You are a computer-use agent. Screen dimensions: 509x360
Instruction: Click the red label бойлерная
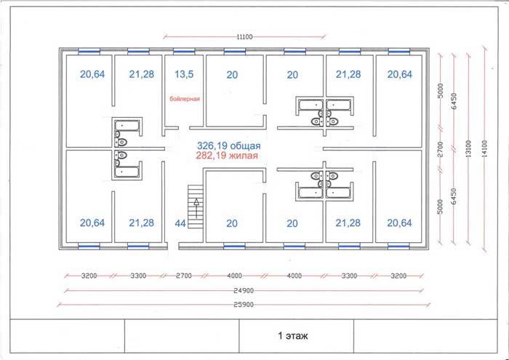[x=185, y=99]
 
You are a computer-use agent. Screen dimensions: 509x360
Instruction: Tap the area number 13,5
[x=184, y=74]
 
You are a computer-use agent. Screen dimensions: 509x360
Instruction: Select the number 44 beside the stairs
[x=180, y=223]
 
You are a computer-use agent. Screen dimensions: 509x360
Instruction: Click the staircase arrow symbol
[x=196, y=208]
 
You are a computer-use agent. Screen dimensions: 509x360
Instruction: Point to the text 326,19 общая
[x=229, y=145]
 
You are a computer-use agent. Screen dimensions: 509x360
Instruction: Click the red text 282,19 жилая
[x=227, y=156]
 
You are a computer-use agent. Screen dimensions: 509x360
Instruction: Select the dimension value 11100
[x=244, y=37]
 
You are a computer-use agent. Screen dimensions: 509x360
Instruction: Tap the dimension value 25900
[x=244, y=305]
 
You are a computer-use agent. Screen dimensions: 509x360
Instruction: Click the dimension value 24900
[x=244, y=290]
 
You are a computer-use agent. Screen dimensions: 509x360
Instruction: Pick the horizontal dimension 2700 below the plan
[x=184, y=276]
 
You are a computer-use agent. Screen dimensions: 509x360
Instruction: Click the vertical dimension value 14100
[x=485, y=148]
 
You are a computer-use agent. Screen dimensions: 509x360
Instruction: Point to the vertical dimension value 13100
[x=468, y=148]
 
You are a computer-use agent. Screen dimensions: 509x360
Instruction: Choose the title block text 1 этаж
[x=293, y=336]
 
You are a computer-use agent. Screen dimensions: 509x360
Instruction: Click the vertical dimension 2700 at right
[x=440, y=149]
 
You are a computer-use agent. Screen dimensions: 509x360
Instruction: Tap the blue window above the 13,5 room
[x=184, y=52]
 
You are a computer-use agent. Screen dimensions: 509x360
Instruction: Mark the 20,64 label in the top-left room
[x=92, y=74]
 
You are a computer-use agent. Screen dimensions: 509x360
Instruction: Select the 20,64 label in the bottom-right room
[x=400, y=223]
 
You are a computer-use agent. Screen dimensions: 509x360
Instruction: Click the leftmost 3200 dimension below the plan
[x=89, y=276]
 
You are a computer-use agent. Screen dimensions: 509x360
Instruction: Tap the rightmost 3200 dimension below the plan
[x=398, y=276]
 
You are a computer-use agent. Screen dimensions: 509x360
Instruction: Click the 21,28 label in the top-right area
[x=348, y=74]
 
